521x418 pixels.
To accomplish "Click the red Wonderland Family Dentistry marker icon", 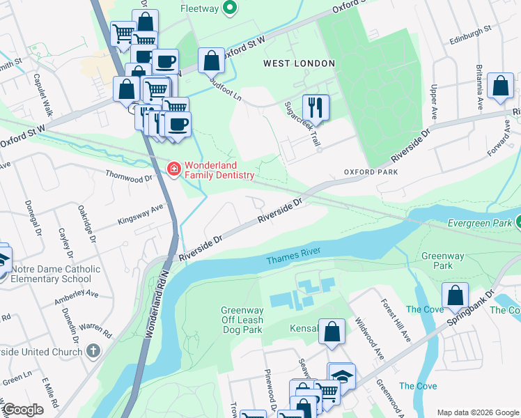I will (173, 169).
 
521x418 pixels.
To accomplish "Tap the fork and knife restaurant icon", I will (316, 107).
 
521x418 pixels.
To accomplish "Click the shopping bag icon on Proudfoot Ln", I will (210, 61).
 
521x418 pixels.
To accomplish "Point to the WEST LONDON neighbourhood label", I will (299, 63).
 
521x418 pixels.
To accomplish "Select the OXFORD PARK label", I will (370, 171).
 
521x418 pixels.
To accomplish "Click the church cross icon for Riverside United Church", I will (94, 352).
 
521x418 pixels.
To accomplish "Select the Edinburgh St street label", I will (471, 36).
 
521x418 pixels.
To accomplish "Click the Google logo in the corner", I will (24, 410).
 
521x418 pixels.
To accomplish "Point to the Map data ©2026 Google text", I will (477, 412).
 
